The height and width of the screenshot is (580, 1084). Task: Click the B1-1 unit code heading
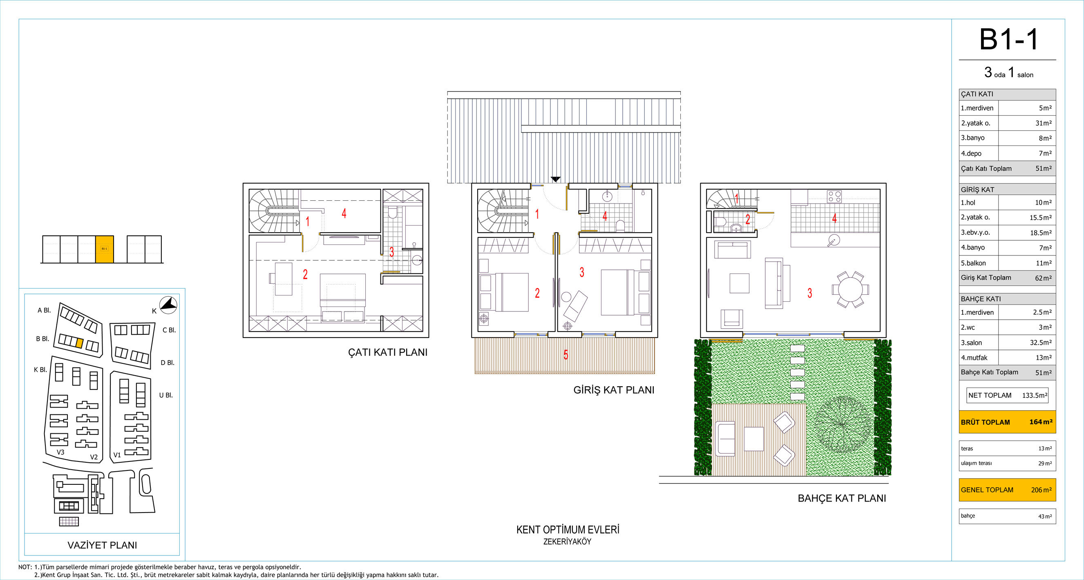(x=1008, y=40)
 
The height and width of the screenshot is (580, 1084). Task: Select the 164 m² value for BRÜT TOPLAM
(x=1041, y=422)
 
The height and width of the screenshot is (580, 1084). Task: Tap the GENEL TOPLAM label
(x=987, y=490)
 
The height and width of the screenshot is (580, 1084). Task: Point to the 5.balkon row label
(x=973, y=263)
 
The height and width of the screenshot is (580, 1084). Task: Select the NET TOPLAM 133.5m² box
(x=1007, y=395)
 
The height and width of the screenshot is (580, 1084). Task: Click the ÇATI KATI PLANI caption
(x=388, y=352)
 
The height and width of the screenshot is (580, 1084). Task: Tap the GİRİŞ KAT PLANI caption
(x=614, y=390)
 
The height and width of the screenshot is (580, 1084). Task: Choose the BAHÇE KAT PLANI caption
(x=842, y=498)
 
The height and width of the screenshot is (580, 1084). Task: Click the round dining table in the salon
(x=850, y=289)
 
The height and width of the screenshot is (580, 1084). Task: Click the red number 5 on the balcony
(x=565, y=355)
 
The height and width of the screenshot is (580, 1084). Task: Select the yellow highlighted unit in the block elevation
(x=104, y=249)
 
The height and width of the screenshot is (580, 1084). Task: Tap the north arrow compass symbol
(x=168, y=305)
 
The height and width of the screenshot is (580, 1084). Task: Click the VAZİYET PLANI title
(x=102, y=545)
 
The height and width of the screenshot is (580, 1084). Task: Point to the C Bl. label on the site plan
(x=169, y=330)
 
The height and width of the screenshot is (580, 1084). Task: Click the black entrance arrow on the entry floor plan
(x=555, y=179)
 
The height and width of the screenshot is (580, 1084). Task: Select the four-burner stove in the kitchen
(x=834, y=197)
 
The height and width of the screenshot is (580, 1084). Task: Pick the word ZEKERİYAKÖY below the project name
(x=567, y=542)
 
